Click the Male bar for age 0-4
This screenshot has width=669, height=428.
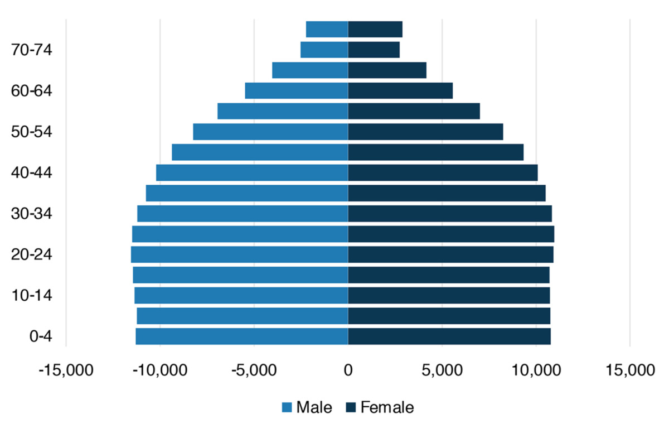tap(242, 336)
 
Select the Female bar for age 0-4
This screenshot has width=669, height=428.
tap(449, 336)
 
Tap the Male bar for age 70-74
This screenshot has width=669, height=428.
tap(324, 50)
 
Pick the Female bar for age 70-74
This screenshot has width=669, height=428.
tap(374, 50)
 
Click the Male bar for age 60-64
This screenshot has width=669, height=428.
tap(297, 90)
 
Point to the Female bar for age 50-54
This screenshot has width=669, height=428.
tap(425, 132)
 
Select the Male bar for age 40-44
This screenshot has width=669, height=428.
tap(252, 172)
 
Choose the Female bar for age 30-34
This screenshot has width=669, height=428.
tap(450, 213)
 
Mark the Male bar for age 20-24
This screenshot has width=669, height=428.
tap(240, 254)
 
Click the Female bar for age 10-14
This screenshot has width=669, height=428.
tap(449, 295)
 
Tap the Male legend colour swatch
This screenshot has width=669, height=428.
tap(287, 408)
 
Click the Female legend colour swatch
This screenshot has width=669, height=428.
tap(351, 407)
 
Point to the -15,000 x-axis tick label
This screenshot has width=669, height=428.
tap(66, 370)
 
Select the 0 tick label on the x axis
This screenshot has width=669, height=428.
tap(348, 370)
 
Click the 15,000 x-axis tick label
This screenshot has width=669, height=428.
tap(630, 370)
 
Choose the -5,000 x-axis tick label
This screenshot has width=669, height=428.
tap(254, 370)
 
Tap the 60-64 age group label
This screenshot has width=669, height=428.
tap(31, 90)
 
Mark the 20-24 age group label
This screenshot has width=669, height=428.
tap(31, 254)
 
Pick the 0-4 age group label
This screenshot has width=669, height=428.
tap(41, 336)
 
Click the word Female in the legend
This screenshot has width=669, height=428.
tap(387, 407)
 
